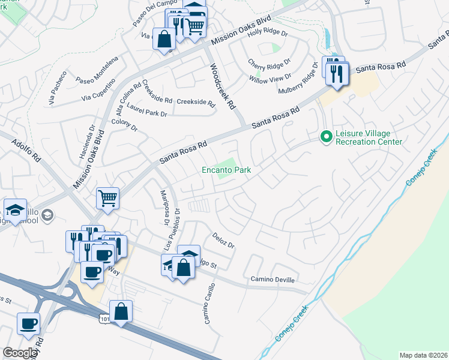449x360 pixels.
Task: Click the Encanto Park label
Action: tap(226, 170)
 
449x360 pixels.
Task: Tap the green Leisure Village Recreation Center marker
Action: tap(326, 137)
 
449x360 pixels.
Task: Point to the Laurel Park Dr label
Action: tap(147, 113)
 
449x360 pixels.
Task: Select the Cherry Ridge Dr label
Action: tap(269, 61)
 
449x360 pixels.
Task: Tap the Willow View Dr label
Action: tap(271, 77)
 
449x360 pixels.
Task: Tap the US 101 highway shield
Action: tap(103, 320)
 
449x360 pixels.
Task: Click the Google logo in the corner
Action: tap(20, 353)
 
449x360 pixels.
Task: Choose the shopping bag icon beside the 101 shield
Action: tap(121, 311)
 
